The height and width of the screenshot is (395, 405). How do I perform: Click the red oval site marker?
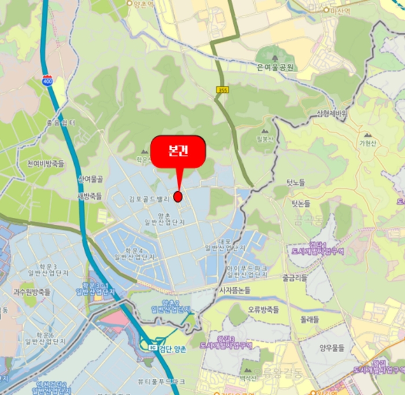click(x=178, y=196)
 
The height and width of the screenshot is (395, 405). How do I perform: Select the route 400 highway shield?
click(x=47, y=81)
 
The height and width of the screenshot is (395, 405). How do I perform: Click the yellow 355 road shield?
click(x=223, y=90)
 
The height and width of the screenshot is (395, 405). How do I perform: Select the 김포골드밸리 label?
click(x=149, y=199)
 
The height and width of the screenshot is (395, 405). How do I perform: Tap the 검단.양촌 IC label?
click(x=168, y=347)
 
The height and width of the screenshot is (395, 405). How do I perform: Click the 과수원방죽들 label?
click(x=32, y=292)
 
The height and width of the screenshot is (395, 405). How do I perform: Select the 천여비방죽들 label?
click(x=44, y=163)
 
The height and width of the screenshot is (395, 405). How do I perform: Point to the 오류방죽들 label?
click(x=263, y=309)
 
